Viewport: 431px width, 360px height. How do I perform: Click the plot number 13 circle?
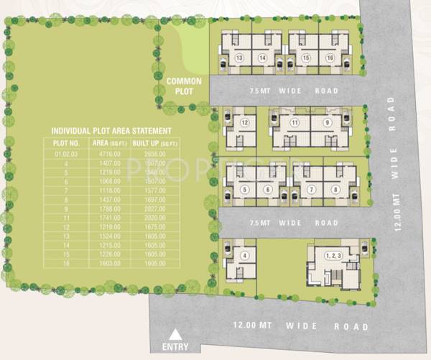[x=239, y=57]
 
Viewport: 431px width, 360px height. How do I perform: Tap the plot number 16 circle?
[x=330, y=57]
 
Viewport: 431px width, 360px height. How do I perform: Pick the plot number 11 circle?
[x=294, y=123]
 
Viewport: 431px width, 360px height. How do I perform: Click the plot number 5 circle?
[x=244, y=190]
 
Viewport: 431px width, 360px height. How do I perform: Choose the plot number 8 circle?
[x=335, y=190]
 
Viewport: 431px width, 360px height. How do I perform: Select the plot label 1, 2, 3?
[x=332, y=255]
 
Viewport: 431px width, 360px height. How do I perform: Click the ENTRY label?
[x=176, y=347]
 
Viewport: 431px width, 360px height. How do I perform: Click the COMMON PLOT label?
[x=184, y=86]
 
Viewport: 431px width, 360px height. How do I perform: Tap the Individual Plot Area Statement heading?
[x=111, y=131]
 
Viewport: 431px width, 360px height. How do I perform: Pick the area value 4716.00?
[x=105, y=154]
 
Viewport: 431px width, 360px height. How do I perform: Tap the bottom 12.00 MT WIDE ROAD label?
[x=300, y=327]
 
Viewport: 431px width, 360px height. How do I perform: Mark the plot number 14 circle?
[x=263, y=57]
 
